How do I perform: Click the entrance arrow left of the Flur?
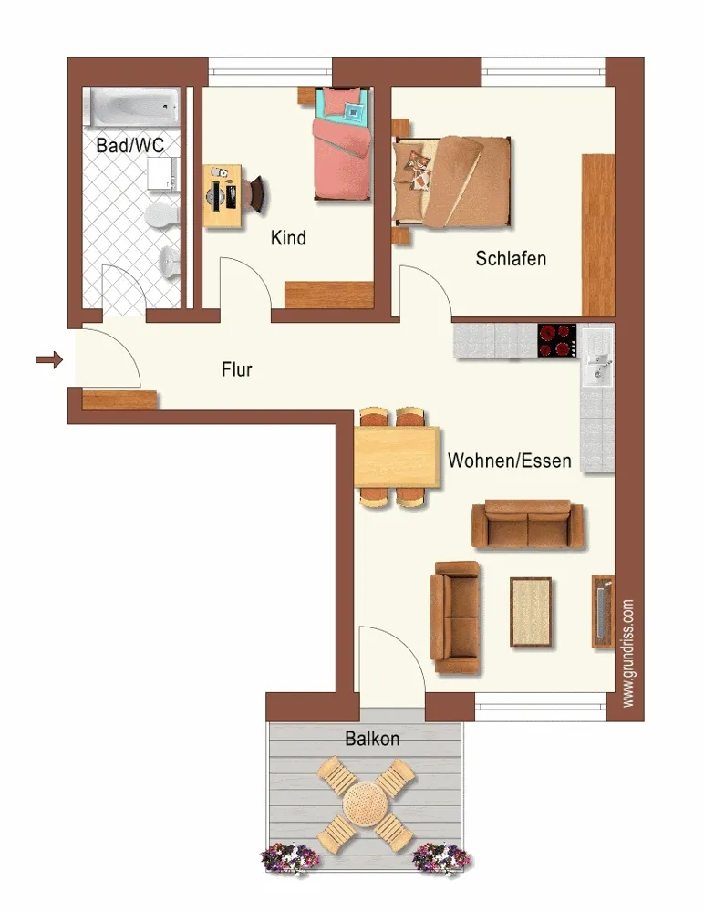tap(49, 360)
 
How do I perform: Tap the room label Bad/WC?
tap(129, 145)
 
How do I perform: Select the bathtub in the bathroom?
tap(132, 107)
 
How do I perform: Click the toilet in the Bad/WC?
tap(162, 214)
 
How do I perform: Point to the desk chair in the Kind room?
tap(258, 195)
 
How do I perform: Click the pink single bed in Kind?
tap(343, 144)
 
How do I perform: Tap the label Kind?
tap(288, 238)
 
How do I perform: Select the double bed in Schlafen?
tap(452, 181)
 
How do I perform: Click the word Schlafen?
tap(511, 258)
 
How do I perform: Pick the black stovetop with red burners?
tap(557, 340)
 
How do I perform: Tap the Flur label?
tap(237, 369)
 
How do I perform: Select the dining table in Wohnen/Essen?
tap(397, 457)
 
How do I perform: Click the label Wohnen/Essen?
tap(509, 461)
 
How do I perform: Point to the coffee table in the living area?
tap(531, 612)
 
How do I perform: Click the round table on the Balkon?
tap(366, 803)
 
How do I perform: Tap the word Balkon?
tap(372, 739)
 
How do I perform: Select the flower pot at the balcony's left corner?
tap(290, 857)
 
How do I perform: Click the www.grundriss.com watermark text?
tap(628, 654)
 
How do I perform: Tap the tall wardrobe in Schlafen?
tap(598, 235)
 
